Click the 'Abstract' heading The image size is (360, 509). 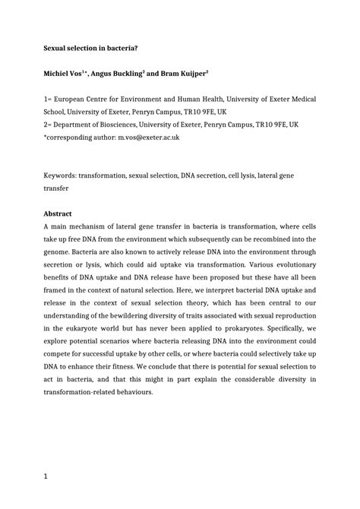point(58,214)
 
